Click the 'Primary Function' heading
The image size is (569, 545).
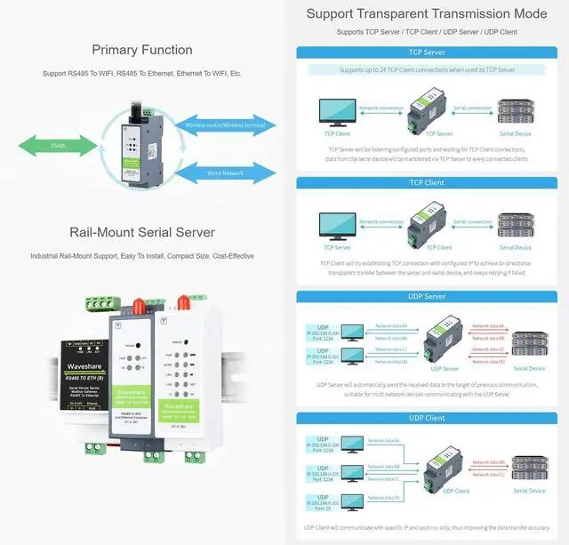click(x=142, y=50)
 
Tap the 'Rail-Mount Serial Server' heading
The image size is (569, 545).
click(x=142, y=233)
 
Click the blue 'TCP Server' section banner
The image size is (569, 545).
click(x=427, y=52)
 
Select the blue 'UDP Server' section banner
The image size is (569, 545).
click(x=427, y=296)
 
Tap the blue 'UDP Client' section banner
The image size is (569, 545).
click(x=427, y=417)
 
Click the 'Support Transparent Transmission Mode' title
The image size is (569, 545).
click(x=427, y=13)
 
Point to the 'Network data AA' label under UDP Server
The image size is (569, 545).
click(x=391, y=326)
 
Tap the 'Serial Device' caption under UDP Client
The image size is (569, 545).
click(x=529, y=491)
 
